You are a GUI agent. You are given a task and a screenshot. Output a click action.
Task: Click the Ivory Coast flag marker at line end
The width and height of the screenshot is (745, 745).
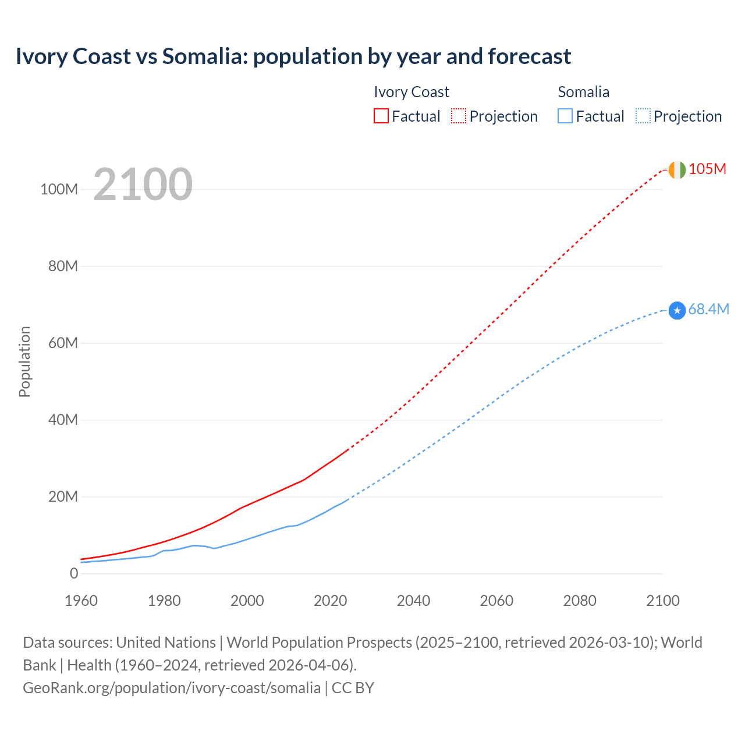pos(677,170)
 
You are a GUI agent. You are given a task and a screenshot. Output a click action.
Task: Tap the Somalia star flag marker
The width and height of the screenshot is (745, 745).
pos(677,311)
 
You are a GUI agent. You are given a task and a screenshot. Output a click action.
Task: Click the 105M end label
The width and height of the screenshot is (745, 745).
pos(707,169)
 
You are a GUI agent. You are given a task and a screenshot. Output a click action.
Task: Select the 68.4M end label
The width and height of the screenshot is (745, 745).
pos(708,310)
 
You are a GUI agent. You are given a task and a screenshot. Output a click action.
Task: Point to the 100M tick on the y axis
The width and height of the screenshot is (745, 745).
pos(59,190)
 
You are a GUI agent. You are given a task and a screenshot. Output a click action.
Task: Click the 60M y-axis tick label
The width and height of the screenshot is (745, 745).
pos(63,343)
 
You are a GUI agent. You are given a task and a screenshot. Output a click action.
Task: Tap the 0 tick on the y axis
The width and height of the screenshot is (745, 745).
pos(74,574)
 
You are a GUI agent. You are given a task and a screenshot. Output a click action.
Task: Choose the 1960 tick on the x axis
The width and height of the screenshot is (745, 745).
pos(81,601)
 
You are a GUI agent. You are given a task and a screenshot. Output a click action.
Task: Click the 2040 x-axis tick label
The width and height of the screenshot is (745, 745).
pos(413,601)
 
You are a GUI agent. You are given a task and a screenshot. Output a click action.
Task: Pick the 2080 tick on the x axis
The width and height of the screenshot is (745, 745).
pos(580,601)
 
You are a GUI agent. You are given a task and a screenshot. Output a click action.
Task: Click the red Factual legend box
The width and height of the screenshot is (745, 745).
pos(381,116)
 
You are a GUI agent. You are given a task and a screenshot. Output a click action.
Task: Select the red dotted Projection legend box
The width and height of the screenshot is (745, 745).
pos(459,116)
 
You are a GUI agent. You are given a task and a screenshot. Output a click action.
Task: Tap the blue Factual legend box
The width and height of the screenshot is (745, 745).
pos(565,116)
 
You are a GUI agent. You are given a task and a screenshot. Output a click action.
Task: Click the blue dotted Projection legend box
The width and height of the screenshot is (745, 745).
pos(643,116)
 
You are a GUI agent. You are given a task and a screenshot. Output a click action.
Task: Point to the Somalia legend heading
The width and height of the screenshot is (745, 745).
pos(583,92)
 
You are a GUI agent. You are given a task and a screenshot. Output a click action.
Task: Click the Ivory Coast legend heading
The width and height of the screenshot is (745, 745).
pos(411,92)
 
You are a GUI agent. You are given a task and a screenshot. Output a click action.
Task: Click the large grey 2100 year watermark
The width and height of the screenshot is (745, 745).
pos(143,185)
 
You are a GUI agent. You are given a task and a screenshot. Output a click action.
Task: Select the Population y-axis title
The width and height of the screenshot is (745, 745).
pos(24,361)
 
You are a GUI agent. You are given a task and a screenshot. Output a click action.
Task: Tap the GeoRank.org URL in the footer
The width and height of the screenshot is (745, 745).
pos(171,688)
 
